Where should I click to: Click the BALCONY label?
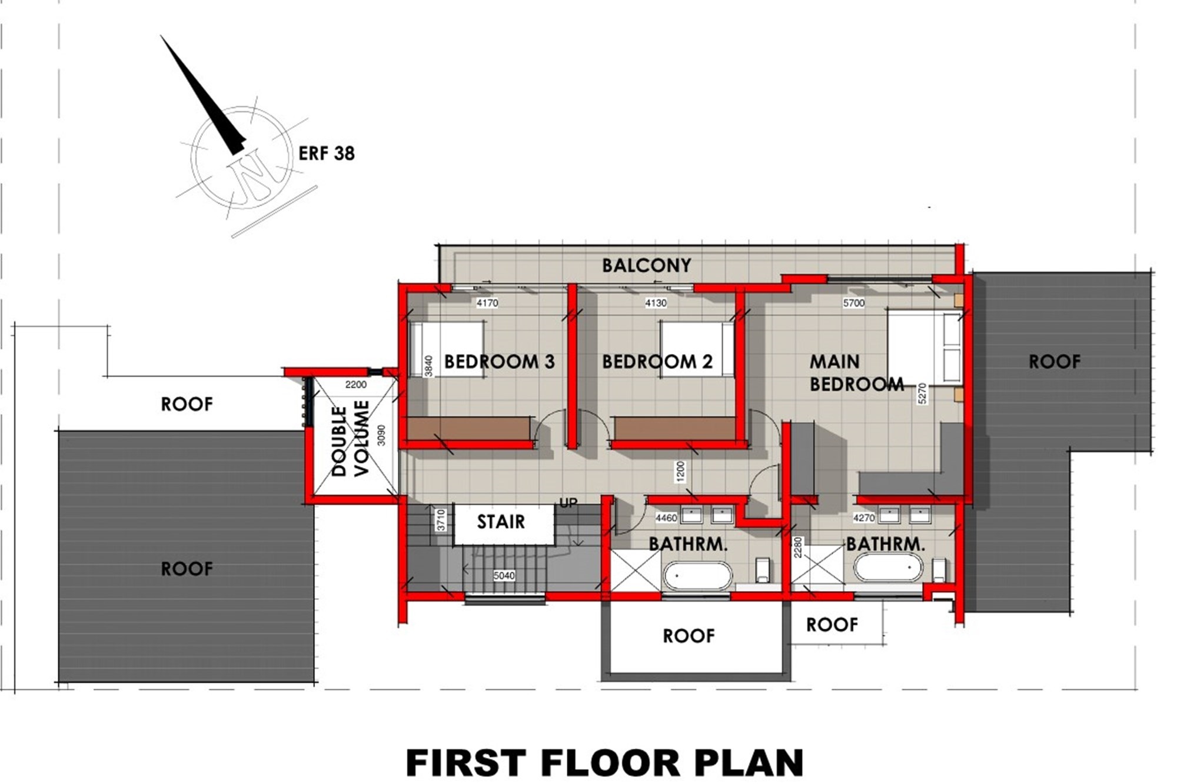[x=646, y=266]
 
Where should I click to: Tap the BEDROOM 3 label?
[x=499, y=362]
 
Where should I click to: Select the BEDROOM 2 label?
[x=657, y=362]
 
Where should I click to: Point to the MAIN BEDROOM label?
[x=856, y=372]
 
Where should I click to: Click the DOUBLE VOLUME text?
[x=350, y=439]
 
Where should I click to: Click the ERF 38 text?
[x=327, y=154]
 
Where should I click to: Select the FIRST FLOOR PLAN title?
[x=604, y=763]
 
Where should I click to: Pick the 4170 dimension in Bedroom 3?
[x=487, y=303]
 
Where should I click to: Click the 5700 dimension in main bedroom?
[x=854, y=303]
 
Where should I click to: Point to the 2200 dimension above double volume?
[x=356, y=385]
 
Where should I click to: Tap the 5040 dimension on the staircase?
[x=504, y=576]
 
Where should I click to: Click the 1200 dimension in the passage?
[x=681, y=471]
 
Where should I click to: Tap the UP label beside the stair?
[x=568, y=503]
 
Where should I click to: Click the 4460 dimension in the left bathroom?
[x=666, y=518]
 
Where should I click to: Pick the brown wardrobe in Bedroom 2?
[x=675, y=429]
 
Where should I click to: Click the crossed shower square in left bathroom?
[x=636, y=570]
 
